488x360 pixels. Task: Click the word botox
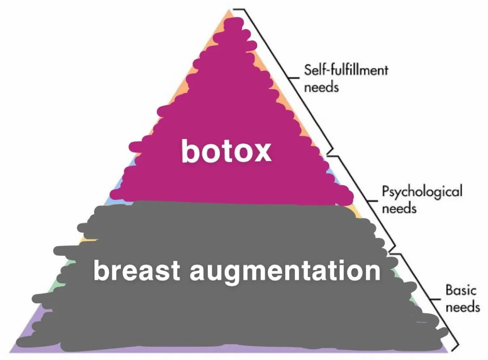pyautogui.click(x=226, y=152)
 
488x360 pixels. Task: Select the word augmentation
pyautogui.click(x=285, y=272)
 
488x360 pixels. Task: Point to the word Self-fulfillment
pyautogui.click(x=346, y=71)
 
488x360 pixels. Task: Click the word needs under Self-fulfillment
pyautogui.click(x=321, y=87)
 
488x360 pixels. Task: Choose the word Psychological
pyautogui.click(x=422, y=191)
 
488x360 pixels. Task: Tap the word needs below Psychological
pyautogui.click(x=400, y=208)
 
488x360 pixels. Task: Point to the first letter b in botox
pyautogui.click(x=189, y=151)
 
